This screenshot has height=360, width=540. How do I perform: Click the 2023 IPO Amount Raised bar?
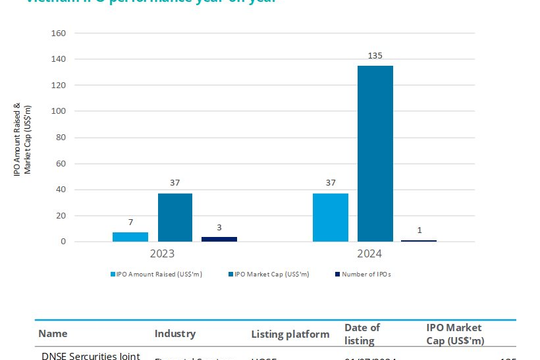pyautogui.click(x=130, y=237)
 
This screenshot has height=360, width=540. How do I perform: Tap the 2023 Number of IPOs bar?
pyautogui.click(x=219, y=239)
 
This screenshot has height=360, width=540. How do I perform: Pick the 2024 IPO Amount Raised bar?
pyautogui.click(x=330, y=217)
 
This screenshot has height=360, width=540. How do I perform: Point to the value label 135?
pyautogui.click(x=375, y=58)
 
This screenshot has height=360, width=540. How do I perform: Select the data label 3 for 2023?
pyautogui.click(x=219, y=229)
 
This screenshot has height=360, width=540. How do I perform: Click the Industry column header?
pyautogui.click(x=175, y=333)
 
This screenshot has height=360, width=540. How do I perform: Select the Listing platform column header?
pyautogui.click(x=290, y=333)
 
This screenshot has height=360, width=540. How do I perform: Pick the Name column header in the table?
pyautogui.click(x=54, y=333)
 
